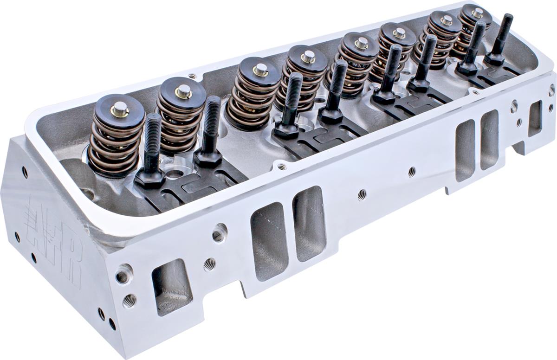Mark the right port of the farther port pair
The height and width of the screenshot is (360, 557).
[x=489, y=140]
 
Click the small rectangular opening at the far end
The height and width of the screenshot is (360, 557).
[x=534, y=118]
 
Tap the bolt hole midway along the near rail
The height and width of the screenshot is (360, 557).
[x=362, y=194]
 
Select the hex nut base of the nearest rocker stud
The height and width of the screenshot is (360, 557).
[x=149, y=178]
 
